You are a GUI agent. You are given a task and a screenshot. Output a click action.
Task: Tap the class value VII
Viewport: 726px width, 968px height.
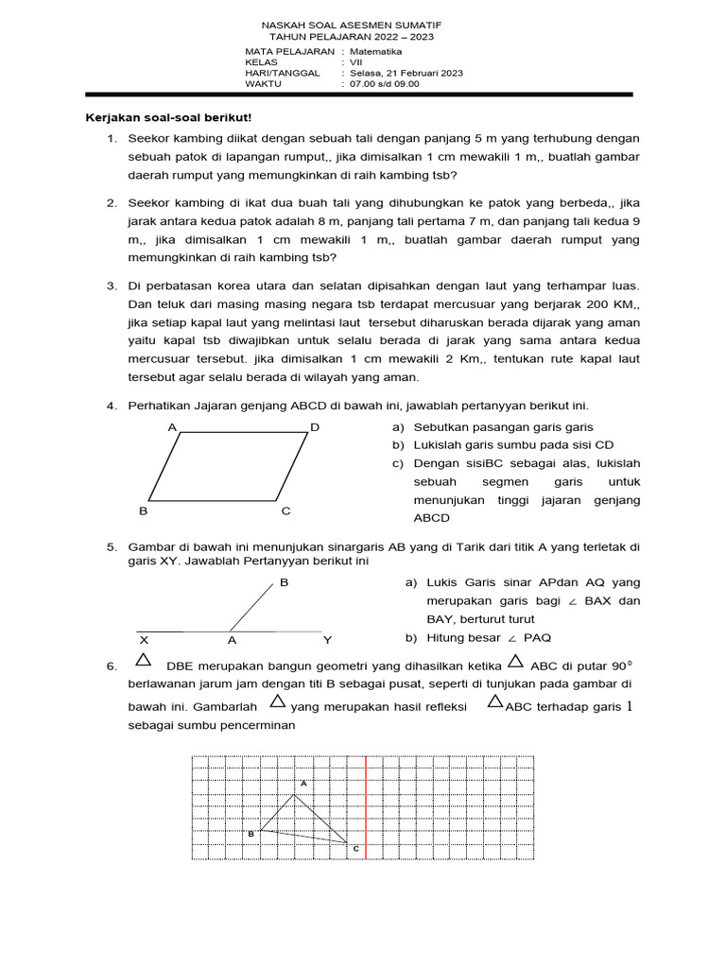click(x=356, y=61)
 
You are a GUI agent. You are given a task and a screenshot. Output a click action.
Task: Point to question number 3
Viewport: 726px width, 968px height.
click(x=111, y=285)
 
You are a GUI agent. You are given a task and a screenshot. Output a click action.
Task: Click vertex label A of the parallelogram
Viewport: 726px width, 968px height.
click(x=172, y=427)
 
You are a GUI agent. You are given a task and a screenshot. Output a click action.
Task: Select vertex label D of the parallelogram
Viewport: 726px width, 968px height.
click(x=315, y=427)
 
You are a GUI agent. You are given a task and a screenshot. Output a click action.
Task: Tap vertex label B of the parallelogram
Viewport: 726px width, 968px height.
click(x=144, y=511)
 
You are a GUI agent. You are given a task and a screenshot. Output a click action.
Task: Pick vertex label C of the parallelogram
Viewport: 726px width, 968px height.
click(x=285, y=511)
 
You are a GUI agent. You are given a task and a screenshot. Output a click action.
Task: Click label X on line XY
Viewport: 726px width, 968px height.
click(x=144, y=640)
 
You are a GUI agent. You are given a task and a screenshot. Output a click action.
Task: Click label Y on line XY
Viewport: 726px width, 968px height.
click(x=327, y=640)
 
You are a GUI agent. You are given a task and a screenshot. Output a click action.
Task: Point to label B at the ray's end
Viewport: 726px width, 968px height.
click(x=284, y=583)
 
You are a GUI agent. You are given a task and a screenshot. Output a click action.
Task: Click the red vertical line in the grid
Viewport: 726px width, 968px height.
click(x=366, y=808)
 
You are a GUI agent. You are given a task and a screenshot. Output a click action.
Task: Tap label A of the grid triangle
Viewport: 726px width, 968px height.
click(x=303, y=784)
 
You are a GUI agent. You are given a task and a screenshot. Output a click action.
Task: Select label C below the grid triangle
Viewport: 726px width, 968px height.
click(x=356, y=850)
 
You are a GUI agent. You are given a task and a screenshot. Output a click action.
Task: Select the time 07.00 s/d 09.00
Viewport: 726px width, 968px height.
click(x=385, y=83)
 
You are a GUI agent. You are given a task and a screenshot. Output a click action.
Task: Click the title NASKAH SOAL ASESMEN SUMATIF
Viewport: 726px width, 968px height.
click(x=351, y=24)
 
